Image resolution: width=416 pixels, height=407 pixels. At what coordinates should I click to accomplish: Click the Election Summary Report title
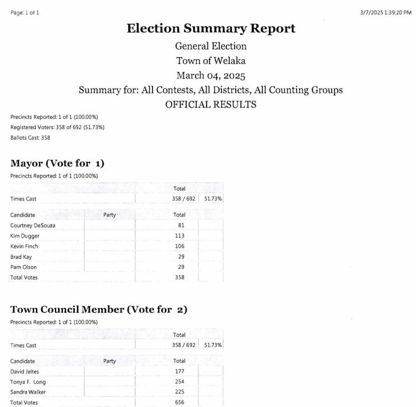pyautogui.click(x=211, y=28)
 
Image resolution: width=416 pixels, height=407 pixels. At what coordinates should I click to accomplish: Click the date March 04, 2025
pyautogui.click(x=211, y=75)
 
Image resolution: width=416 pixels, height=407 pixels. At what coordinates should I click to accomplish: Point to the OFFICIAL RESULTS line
pyautogui.click(x=211, y=105)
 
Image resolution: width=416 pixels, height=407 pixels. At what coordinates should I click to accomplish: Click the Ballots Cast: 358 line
pyautogui.click(x=30, y=138)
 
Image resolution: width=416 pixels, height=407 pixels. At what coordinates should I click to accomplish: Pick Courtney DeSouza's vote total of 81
pyautogui.click(x=181, y=225)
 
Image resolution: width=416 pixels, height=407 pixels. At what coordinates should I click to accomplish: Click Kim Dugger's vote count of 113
pyautogui.click(x=180, y=236)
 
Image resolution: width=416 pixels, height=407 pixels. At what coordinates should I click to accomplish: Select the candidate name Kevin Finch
pyautogui.click(x=24, y=246)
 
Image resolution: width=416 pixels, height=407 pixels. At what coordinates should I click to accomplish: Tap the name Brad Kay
pyautogui.click(x=21, y=257)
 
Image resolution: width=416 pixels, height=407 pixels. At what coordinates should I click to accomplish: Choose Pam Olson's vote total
pyautogui.click(x=180, y=267)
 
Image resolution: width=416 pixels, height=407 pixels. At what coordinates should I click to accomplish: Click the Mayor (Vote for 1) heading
pyautogui.click(x=57, y=163)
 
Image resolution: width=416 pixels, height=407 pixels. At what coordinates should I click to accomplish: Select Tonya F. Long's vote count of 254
pyautogui.click(x=180, y=382)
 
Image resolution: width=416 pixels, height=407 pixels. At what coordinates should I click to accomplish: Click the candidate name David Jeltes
pyautogui.click(x=25, y=371)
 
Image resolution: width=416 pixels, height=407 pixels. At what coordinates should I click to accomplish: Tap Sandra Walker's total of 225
pyautogui.click(x=180, y=392)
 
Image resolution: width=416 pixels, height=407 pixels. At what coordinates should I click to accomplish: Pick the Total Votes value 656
pyautogui.click(x=180, y=402)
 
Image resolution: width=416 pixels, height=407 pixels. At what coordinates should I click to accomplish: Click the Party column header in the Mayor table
pyautogui.click(x=109, y=215)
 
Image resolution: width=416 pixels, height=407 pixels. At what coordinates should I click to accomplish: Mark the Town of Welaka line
pyautogui.click(x=211, y=60)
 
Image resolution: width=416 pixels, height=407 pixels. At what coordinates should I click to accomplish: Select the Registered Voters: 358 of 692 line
pyautogui.click(x=57, y=127)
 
